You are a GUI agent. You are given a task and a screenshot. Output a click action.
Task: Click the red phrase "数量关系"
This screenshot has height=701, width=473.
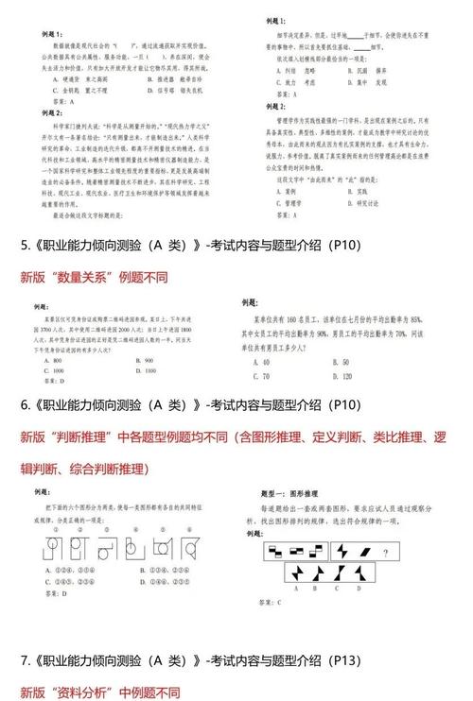(91, 279)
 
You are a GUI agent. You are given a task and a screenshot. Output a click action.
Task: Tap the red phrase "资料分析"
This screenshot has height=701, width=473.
(91, 691)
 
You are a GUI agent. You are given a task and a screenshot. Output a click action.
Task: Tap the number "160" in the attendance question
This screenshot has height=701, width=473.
(292, 318)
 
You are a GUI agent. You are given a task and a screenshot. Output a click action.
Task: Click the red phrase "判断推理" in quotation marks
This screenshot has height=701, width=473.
(91, 437)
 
